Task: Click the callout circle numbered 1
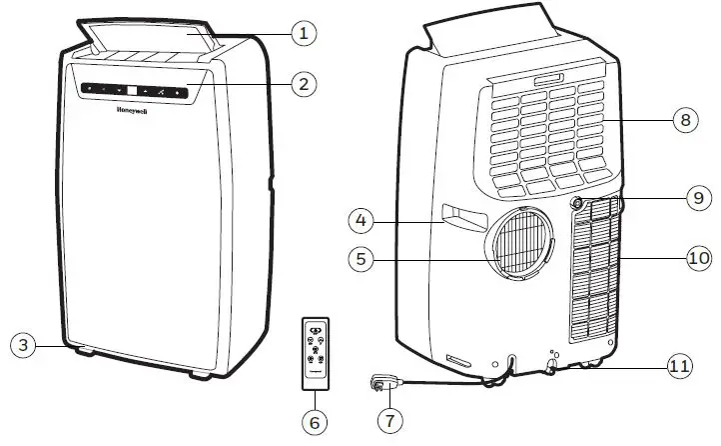coord(306,33)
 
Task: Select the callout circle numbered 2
coord(306,83)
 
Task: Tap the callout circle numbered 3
coord(24,345)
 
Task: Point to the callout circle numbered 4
coord(362,218)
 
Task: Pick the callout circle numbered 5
coord(362,258)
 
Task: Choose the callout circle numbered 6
coord(315,421)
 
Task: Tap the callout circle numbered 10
coord(698,258)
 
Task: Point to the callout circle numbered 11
coord(680,367)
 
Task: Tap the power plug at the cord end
coord(382,383)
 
